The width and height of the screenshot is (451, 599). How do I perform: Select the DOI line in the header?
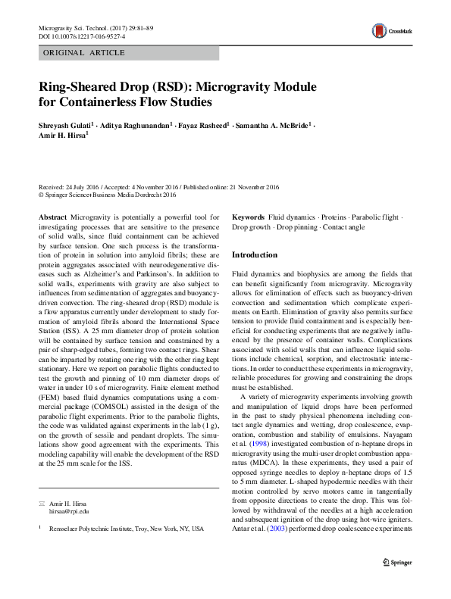(x=78, y=36)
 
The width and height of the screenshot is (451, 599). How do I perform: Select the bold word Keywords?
(x=248, y=217)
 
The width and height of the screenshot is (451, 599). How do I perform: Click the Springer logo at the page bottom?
(x=396, y=562)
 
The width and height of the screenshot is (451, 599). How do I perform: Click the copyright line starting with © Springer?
(x=107, y=195)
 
